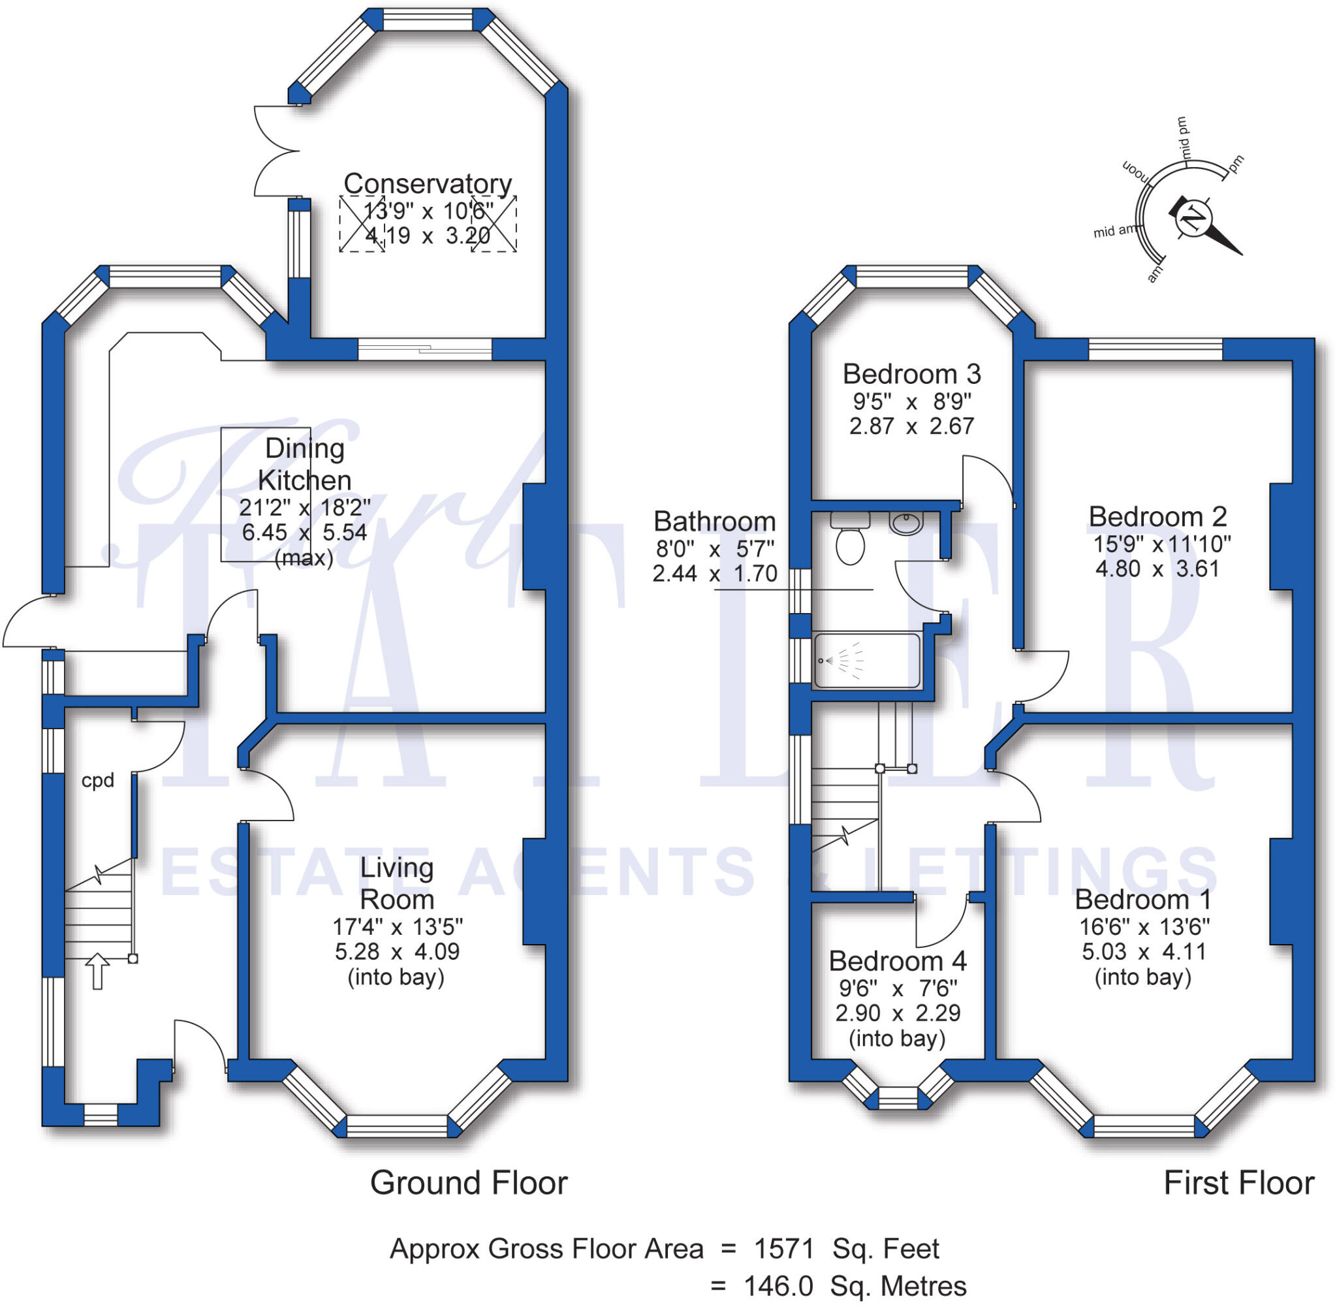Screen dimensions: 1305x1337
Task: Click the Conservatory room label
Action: (x=427, y=183)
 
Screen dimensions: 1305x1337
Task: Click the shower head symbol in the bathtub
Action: (x=822, y=661)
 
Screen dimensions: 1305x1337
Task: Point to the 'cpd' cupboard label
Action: (x=97, y=781)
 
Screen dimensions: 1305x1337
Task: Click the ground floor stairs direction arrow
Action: (x=97, y=971)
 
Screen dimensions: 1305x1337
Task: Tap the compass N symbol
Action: (x=1194, y=218)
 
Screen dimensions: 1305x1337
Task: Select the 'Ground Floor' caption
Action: (x=469, y=1183)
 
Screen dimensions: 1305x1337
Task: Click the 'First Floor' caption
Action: (x=1238, y=1183)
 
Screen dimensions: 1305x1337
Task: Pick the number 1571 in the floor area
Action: (x=783, y=1249)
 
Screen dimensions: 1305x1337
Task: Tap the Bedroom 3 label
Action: (x=911, y=374)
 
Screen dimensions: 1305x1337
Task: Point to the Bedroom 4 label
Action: (x=897, y=961)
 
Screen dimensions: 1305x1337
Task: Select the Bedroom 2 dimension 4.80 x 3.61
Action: (x=1157, y=569)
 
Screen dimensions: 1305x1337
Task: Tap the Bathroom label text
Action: (x=714, y=522)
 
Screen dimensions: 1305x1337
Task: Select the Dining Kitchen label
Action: (x=304, y=464)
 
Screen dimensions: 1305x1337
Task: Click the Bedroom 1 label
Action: (x=1142, y=899)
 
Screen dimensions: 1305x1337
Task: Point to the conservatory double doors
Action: (x=274, y=151)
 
